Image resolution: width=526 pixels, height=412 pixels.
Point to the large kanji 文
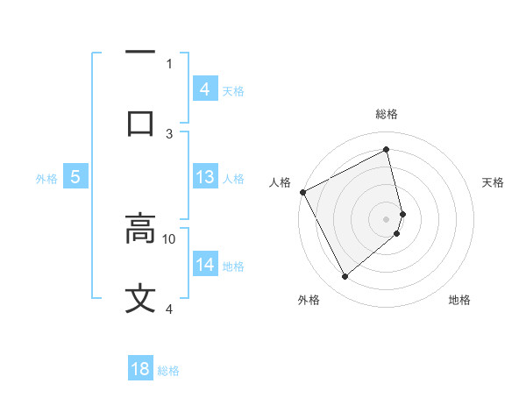[x=140, y=298]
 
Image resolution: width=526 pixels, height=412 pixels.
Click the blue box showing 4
[x=204, y=89]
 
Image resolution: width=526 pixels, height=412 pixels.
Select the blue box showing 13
[x=204, y=177]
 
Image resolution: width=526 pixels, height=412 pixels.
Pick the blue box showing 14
[x=204, y=265]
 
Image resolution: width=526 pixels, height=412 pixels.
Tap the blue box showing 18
[x=140, y=369]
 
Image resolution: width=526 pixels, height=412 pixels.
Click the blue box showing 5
[x=75, y=177]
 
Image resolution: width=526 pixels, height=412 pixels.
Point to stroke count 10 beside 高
[x=169, y=238]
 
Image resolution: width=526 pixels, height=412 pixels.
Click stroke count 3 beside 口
[x=169, y=133]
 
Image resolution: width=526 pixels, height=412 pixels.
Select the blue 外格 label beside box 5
[x=46, y=179]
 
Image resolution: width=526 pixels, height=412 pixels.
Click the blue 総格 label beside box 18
[x=168, y=371]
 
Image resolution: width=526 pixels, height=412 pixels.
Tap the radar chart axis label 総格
[x=387, y=114]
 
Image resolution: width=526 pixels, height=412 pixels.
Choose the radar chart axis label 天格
[x=494, y=182]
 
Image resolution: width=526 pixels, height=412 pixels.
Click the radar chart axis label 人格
[x=280, y=182]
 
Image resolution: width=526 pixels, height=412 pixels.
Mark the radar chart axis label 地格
[x=459, y=300]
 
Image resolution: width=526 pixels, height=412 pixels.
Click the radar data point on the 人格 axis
[x=302, y=192]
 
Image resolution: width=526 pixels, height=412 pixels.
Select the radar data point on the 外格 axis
[x=345, y=277]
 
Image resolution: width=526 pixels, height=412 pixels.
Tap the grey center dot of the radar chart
[x=387, y=218]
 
